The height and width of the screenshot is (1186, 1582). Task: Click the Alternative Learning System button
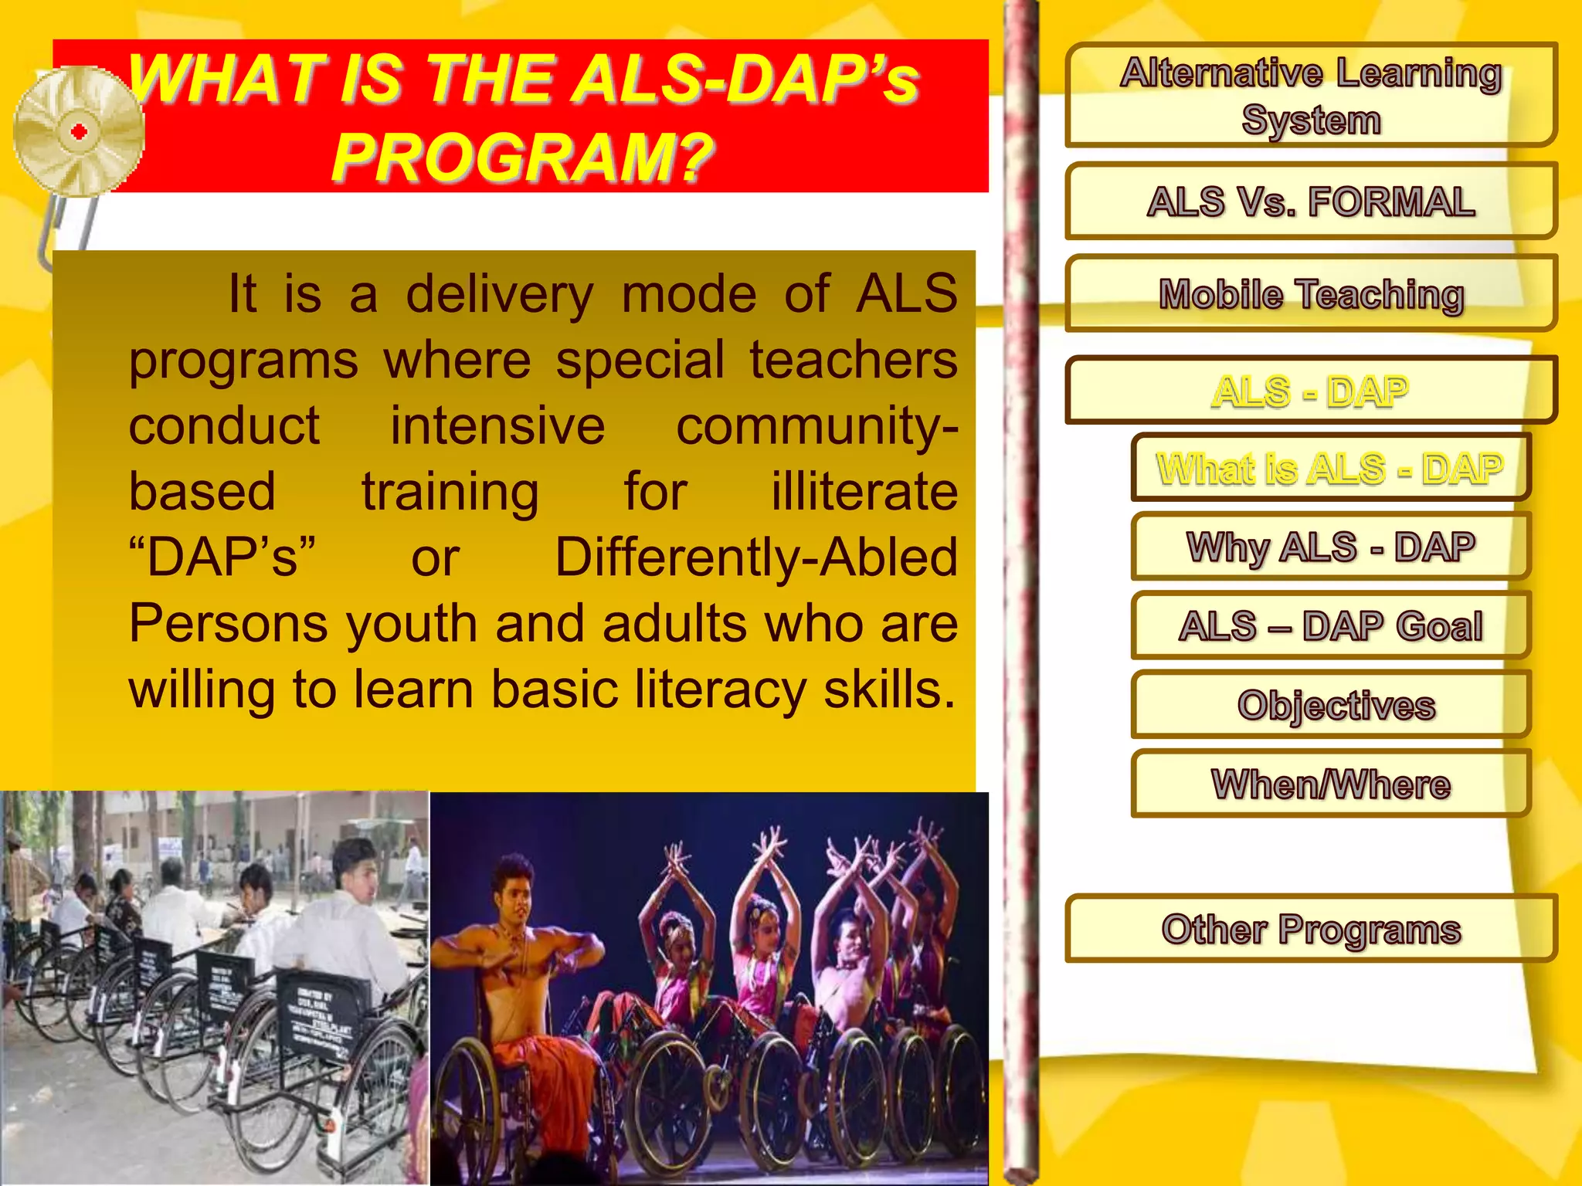1310,95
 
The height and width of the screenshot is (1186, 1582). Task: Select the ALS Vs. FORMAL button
1310,202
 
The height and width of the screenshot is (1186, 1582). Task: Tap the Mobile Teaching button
1310,294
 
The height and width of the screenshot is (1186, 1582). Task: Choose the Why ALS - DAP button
1330,547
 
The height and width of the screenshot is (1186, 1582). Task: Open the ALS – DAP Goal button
1330,625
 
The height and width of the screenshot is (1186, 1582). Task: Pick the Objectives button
1330,705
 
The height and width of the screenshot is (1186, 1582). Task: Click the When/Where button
1330,784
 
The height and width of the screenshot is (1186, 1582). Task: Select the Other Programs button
1310,929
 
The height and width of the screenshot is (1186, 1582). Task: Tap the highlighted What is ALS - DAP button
1330,468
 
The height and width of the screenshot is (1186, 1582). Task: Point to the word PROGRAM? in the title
522,157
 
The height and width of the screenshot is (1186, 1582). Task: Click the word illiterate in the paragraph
864,492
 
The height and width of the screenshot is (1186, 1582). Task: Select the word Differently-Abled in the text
756,557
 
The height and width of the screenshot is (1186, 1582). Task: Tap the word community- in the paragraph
816,426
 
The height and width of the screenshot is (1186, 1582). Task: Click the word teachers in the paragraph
854,361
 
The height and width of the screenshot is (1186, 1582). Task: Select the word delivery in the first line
500,294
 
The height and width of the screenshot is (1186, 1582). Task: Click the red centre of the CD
79,132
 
